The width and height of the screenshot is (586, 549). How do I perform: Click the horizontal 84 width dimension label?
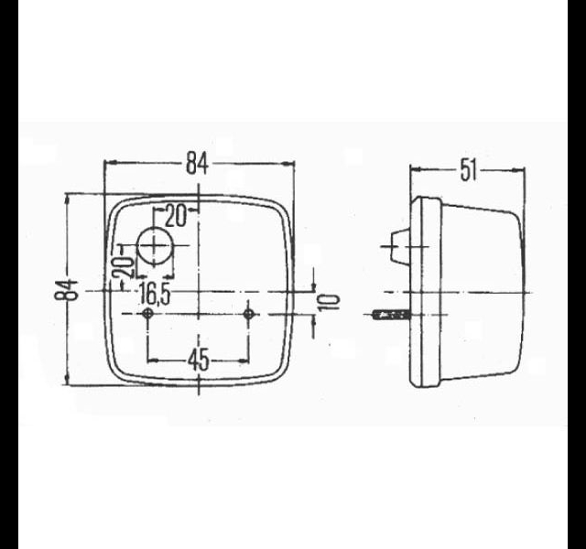(x=197, y=164)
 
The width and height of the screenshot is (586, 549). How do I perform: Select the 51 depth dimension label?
(x=469, y=170)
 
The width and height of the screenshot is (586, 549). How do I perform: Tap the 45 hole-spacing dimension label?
(x=199, y=361)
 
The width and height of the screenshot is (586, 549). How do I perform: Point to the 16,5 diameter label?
(x=155, y=294)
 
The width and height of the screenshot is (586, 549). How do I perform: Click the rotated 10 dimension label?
(x=329, y=302)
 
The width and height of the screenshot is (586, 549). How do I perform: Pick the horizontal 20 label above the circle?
(x=175, y=216)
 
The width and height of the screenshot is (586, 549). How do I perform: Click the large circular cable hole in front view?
(x=155, y=246)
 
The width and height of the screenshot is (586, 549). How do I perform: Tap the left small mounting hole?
(x=148, y=314)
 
